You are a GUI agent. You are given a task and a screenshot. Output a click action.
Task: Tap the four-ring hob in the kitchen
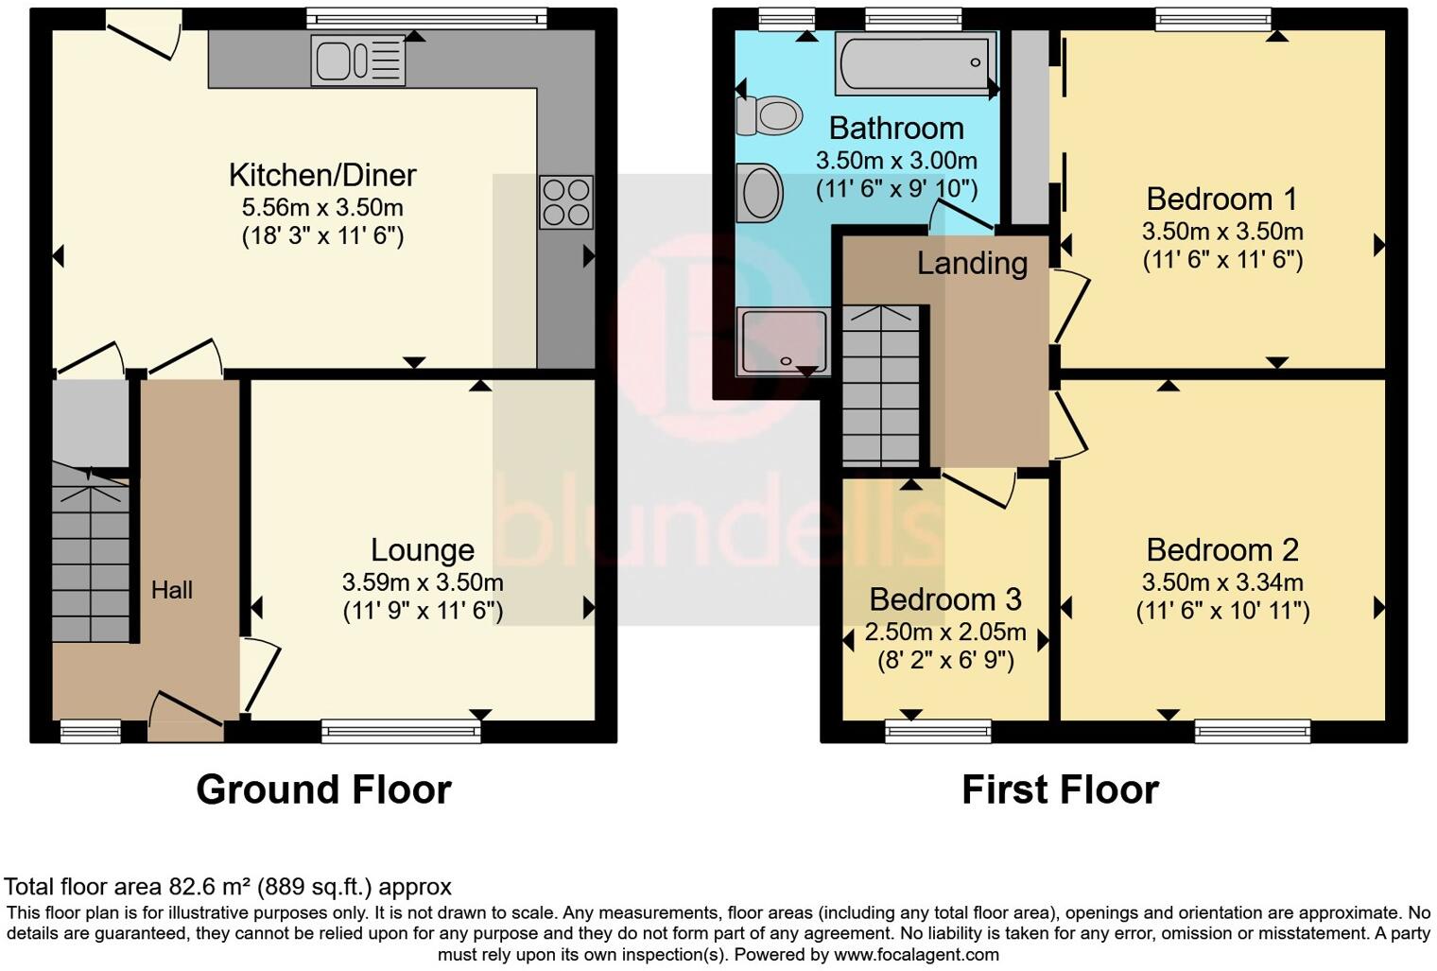click(566, 202)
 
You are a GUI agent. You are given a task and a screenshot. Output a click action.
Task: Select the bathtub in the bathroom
click(915, 63)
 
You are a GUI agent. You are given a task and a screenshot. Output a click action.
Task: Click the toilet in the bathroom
click(769, 116)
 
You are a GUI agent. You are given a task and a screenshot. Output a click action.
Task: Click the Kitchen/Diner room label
click(322, 175)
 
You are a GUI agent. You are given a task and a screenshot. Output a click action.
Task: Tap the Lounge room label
click(422, 549)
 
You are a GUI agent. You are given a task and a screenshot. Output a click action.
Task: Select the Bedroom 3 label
click(944, 599)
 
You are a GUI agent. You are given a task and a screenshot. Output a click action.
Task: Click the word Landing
click(972, 263)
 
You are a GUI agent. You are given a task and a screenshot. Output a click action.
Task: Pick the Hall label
click(172, 590)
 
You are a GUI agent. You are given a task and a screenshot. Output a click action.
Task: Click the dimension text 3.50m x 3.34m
click(1222, 582)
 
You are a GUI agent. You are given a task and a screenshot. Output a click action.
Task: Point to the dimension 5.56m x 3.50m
click(322, 207)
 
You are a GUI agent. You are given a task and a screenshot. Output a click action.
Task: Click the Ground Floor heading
click(323, 789)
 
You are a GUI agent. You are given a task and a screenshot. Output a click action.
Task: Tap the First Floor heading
click(1060, 789)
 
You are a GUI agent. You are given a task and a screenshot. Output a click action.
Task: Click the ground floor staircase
click(90, 558)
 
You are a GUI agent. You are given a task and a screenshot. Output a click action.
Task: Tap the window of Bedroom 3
click(938, 731)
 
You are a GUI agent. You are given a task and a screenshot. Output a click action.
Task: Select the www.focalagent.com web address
click(916, 954)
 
